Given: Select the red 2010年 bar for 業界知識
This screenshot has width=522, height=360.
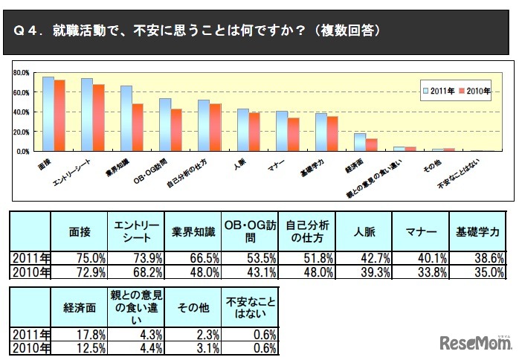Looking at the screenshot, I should click(138, 127).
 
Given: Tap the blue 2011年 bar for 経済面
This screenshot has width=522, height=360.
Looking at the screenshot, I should click(359, 142).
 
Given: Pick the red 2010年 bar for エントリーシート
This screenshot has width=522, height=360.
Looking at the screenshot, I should click(98, 118).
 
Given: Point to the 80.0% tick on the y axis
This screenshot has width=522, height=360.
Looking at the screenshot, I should click(20, 73).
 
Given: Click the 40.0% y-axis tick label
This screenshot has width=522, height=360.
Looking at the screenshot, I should click(20, 112).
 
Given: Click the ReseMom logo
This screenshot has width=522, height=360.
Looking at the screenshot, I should click(476, 343).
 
